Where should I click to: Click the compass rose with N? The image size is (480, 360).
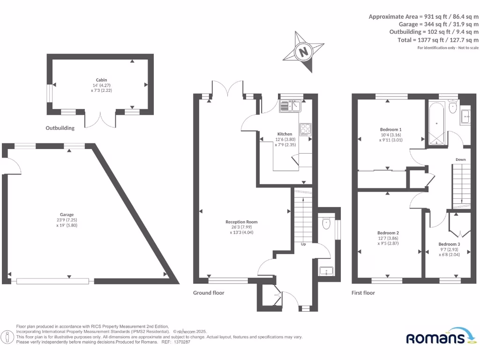click(304, 51)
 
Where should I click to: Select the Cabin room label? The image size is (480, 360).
click(102, 80)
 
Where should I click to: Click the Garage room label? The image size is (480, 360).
click(67, 215)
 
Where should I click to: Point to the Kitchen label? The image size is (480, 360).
click(285, 134)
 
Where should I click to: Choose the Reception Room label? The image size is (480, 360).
click(241, 222)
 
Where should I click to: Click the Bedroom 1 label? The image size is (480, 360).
click(390, 129)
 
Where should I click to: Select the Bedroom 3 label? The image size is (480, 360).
click(449, 244)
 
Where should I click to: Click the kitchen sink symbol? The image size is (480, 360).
click(291, 107)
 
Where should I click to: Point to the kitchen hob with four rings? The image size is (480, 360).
click(306, 129)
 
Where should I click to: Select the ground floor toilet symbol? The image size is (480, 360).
click(327, 223)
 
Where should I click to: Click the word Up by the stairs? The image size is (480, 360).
click(304, 244)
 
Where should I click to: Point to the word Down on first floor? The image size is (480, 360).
click(461, 160)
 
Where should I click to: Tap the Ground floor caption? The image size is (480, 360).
click(209, 293)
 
